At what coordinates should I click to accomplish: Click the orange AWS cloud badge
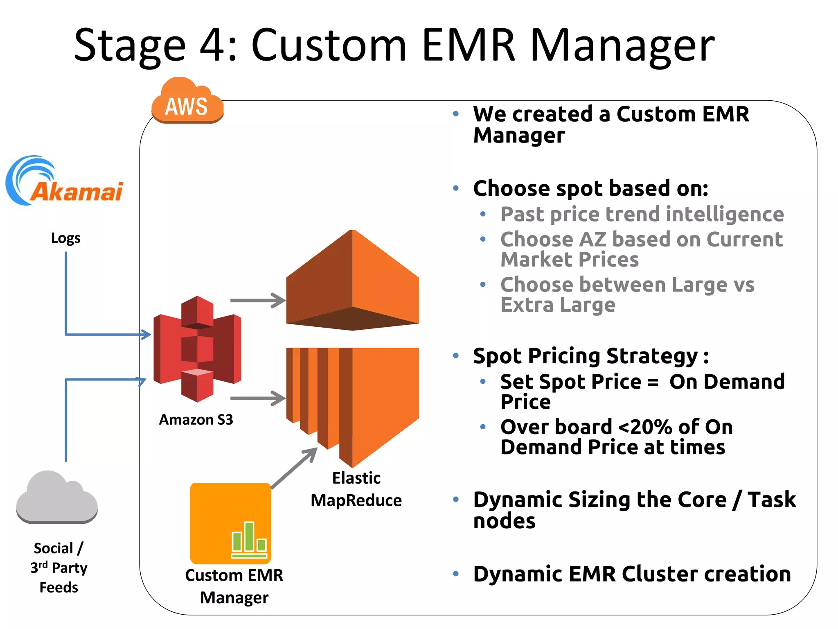(x=187, y=102)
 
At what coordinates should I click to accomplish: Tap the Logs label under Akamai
(x=65, y=238)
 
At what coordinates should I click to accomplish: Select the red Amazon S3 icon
(x=197, y=348)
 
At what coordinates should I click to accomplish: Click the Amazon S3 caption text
(x=196, y=420)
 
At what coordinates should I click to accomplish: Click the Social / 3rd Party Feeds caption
(x=59, y=568)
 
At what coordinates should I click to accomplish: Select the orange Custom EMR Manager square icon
(x=230, y=523)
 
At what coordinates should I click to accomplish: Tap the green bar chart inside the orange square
(x=249, y=539)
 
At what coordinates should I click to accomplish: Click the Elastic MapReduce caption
(x=356, y=489)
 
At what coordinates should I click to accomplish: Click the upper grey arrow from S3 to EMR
(x=258, y=300)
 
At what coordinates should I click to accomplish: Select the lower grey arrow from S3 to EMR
(x=258, y=398)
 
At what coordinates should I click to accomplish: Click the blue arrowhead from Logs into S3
(x=146, y=334)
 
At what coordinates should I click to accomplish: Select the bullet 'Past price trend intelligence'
(x=642, y=214)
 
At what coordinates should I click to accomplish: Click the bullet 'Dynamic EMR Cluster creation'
(x=632, y=574)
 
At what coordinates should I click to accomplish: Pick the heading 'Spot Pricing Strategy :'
(x=590, y=355)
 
